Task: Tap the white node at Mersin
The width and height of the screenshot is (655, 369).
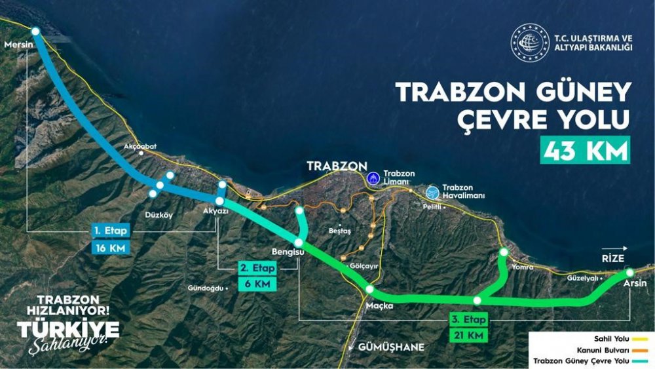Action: tap(35, 31)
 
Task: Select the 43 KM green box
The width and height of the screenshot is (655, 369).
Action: tap(585, 149)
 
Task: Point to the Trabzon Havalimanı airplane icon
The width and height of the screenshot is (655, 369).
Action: tap(432, 192)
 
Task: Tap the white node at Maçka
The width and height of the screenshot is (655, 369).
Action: tap(369, 289)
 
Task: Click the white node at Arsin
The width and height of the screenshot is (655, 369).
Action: tap(629, 272)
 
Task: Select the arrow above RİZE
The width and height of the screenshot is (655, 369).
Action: tap(619, 249)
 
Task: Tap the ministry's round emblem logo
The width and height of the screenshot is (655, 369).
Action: tap(529, 43)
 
